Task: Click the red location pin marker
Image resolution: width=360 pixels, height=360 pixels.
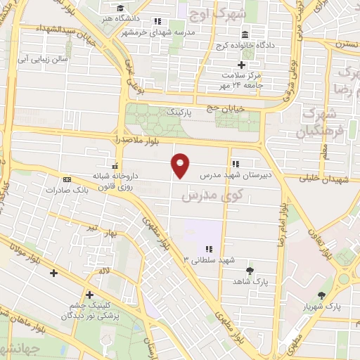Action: [181, 165]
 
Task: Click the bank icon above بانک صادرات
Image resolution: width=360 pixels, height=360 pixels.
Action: [67, 179]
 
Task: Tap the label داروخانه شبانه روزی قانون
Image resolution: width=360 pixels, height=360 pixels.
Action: [115, 182]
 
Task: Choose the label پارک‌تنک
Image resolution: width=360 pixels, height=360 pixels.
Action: [178, 112]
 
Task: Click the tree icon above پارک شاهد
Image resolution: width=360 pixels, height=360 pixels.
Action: [250, 269]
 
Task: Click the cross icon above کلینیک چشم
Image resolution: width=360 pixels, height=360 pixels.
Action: [89, 295]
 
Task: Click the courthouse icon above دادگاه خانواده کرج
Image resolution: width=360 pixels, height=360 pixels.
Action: [245, 35]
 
